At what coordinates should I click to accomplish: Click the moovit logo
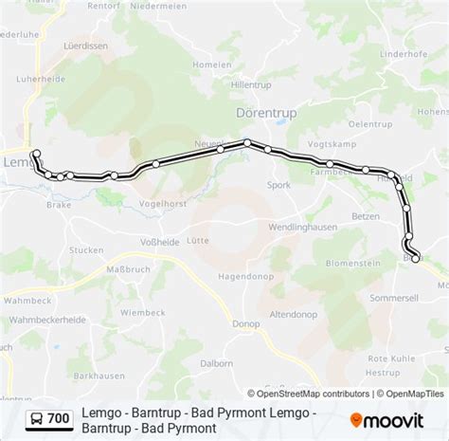pyautogui.click(x=393, y=418)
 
